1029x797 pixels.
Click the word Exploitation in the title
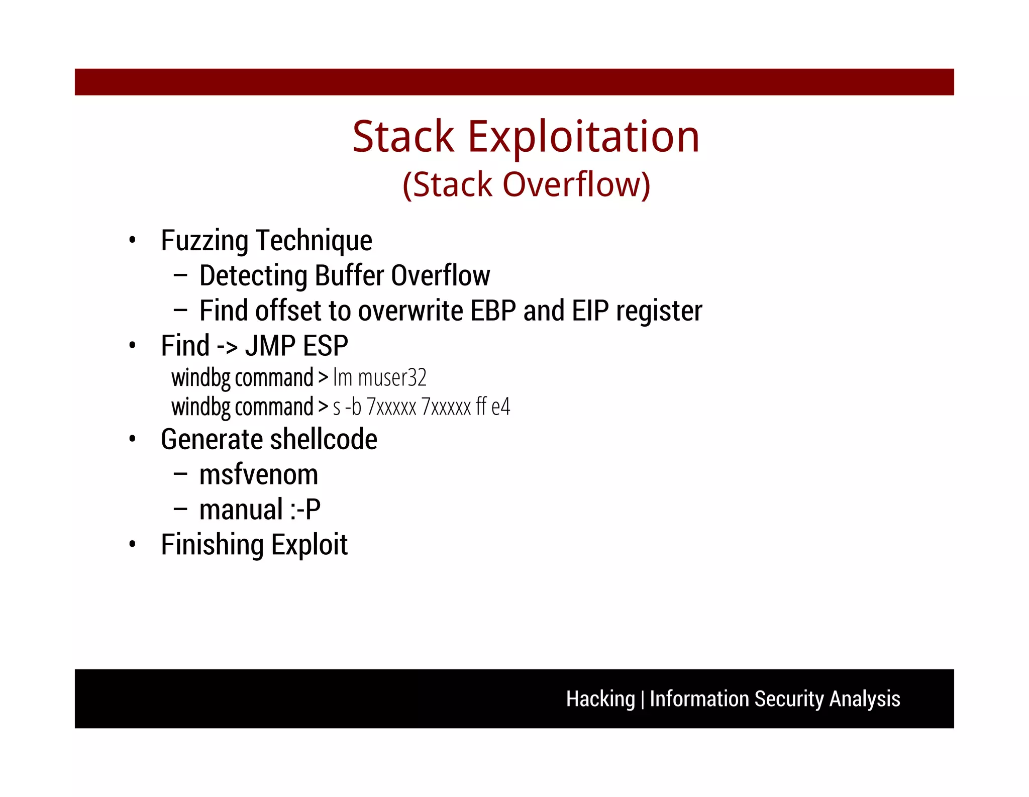(x=583, y=137)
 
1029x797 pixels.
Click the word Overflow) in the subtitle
(x=576, y=184)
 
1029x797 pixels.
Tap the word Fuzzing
(x=204, y=241)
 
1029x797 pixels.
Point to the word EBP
(x=493, y=311)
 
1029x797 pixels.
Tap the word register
(x=659, y=312)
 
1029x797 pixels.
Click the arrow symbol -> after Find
(x=227, y=346)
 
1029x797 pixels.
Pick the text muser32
(x=392, y=377)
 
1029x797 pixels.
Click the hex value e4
(x=500, y=407)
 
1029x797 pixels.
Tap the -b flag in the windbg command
(x=353, y=407)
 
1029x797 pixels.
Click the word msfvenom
(x=258, y=475)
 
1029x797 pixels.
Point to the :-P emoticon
(x=305, y=510)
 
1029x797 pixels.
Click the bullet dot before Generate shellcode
(x=132, y=440)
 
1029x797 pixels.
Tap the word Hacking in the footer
(x=600, y=699)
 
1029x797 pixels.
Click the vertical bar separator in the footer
(x=642, y=700)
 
